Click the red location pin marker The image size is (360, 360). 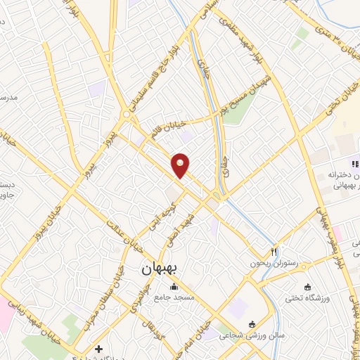point(181,165)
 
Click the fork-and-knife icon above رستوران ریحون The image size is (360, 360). point(275,251)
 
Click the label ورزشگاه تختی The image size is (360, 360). point(308,298)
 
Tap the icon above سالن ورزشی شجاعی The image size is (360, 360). point(252,323)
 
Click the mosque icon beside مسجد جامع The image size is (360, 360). point(174,287)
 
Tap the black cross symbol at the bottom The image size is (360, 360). point(99,349)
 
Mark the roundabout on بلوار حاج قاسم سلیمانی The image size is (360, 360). point(126,114)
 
